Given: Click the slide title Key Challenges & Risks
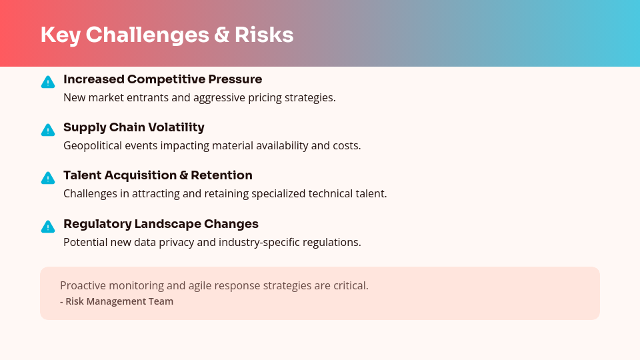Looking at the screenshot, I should pos(167,35).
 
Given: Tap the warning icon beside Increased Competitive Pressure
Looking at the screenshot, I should pos(47,82).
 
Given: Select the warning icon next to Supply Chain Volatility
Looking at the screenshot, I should pos(47,130).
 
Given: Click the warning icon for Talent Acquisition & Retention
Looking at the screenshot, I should pos(47,178).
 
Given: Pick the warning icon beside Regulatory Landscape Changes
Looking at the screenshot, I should pos(47,227).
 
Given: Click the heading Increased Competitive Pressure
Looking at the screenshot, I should pos(163,79).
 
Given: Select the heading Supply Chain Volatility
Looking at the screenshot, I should pos(133,127).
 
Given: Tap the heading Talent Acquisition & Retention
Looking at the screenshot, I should pos(157,175).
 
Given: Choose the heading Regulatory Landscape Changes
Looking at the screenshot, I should pos(161,224).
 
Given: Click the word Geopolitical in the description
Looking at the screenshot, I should pos(94,145).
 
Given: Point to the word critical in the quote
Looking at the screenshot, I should pos(351,285).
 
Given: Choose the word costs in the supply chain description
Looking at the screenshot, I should pos(346,145).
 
